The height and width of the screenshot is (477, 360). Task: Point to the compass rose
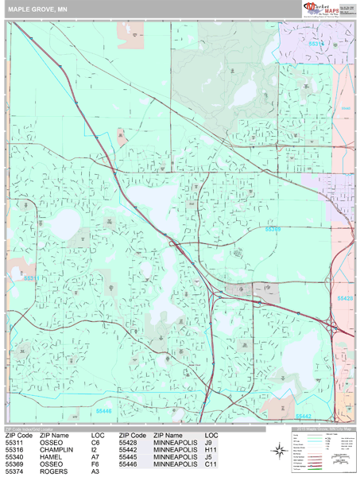[x=281, y=451]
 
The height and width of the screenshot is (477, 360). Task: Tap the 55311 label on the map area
[x=30, y=278]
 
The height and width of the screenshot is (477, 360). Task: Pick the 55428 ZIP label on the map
[x=344, y=298]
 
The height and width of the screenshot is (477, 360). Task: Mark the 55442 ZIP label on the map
[x=303, y=416]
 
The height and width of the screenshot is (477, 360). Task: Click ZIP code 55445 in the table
[x=133, y=457]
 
